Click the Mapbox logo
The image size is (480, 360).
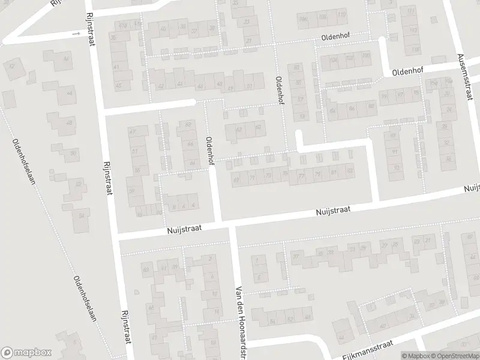pos(26,353)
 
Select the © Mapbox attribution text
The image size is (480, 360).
pos(415,356)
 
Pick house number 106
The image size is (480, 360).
pos(303,20)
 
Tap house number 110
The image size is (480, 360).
pos(341,14)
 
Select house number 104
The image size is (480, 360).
pos(334,60)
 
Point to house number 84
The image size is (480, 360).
pos(334,111)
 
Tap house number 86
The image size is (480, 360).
pos(352,109)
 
